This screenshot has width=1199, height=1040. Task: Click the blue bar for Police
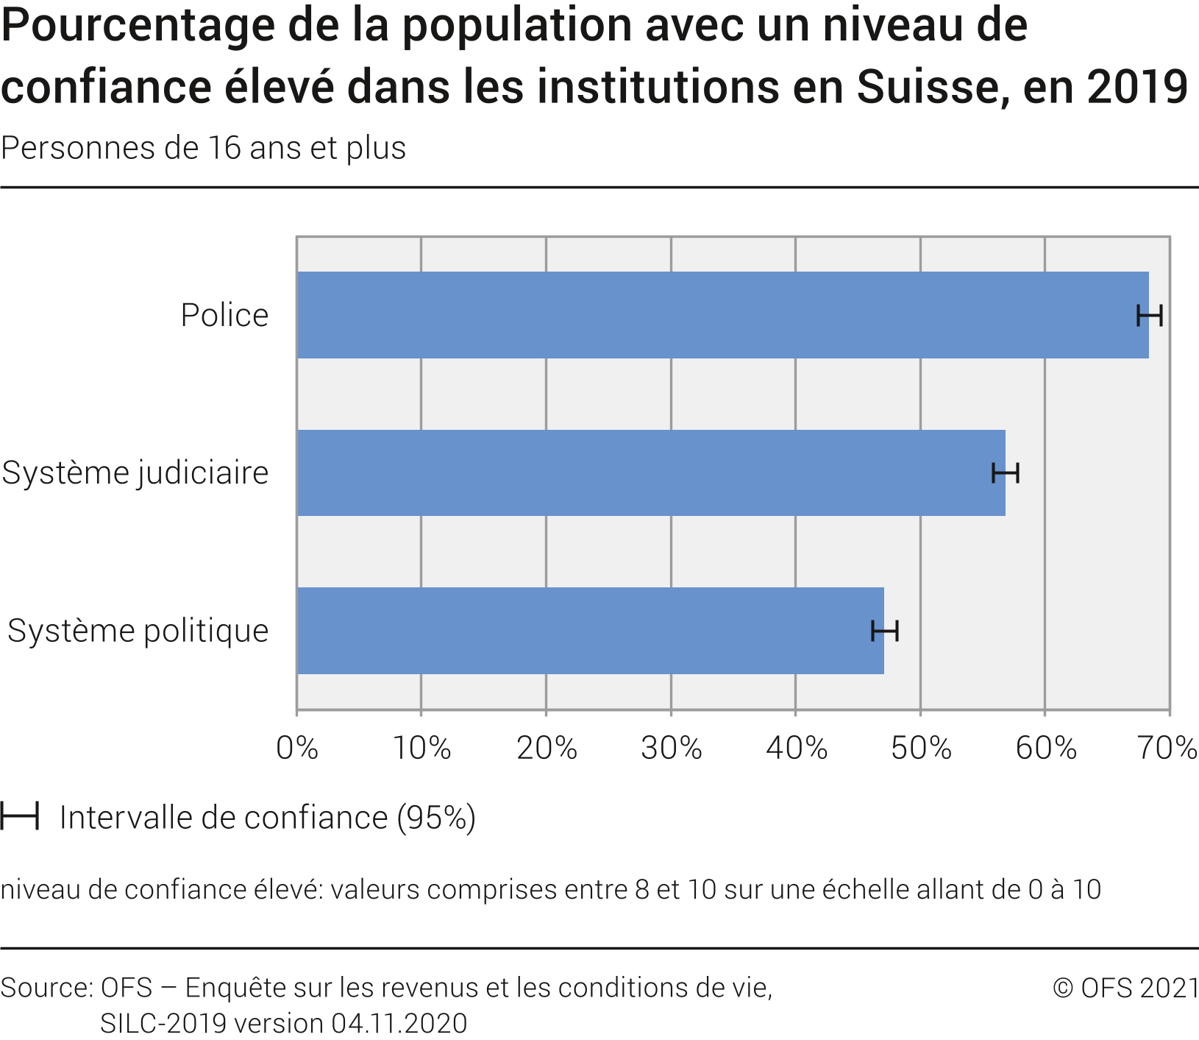(x=721, y=315)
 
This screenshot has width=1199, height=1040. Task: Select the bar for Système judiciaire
(x=651, y=473)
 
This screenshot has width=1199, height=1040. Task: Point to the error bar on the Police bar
(x=1150, y=316)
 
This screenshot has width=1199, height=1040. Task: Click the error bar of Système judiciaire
(x=1006, y=473)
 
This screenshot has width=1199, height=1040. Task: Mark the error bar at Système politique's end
(x=885, y=631)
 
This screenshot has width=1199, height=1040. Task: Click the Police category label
(x=224, y=316)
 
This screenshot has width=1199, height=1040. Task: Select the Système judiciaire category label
(x=135, y=473)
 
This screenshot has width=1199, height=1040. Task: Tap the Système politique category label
(x=138, y=631)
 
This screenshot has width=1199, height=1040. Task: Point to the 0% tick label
(x=297, y=749)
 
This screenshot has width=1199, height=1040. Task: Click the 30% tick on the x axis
(x=671, y=749)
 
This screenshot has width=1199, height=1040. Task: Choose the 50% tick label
(x=921, y=749)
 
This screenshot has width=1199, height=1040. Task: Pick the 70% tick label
(x=1167, y=749)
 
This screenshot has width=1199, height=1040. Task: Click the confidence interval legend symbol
(x=20, y=817)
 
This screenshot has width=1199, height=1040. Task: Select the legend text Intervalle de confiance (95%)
(x=268, y=818)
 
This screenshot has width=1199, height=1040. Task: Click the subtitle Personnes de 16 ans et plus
(x=204, y=148)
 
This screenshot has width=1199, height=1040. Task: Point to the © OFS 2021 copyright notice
(x=1125, y=988)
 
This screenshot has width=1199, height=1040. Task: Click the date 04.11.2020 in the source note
(x=399, y=1024)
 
